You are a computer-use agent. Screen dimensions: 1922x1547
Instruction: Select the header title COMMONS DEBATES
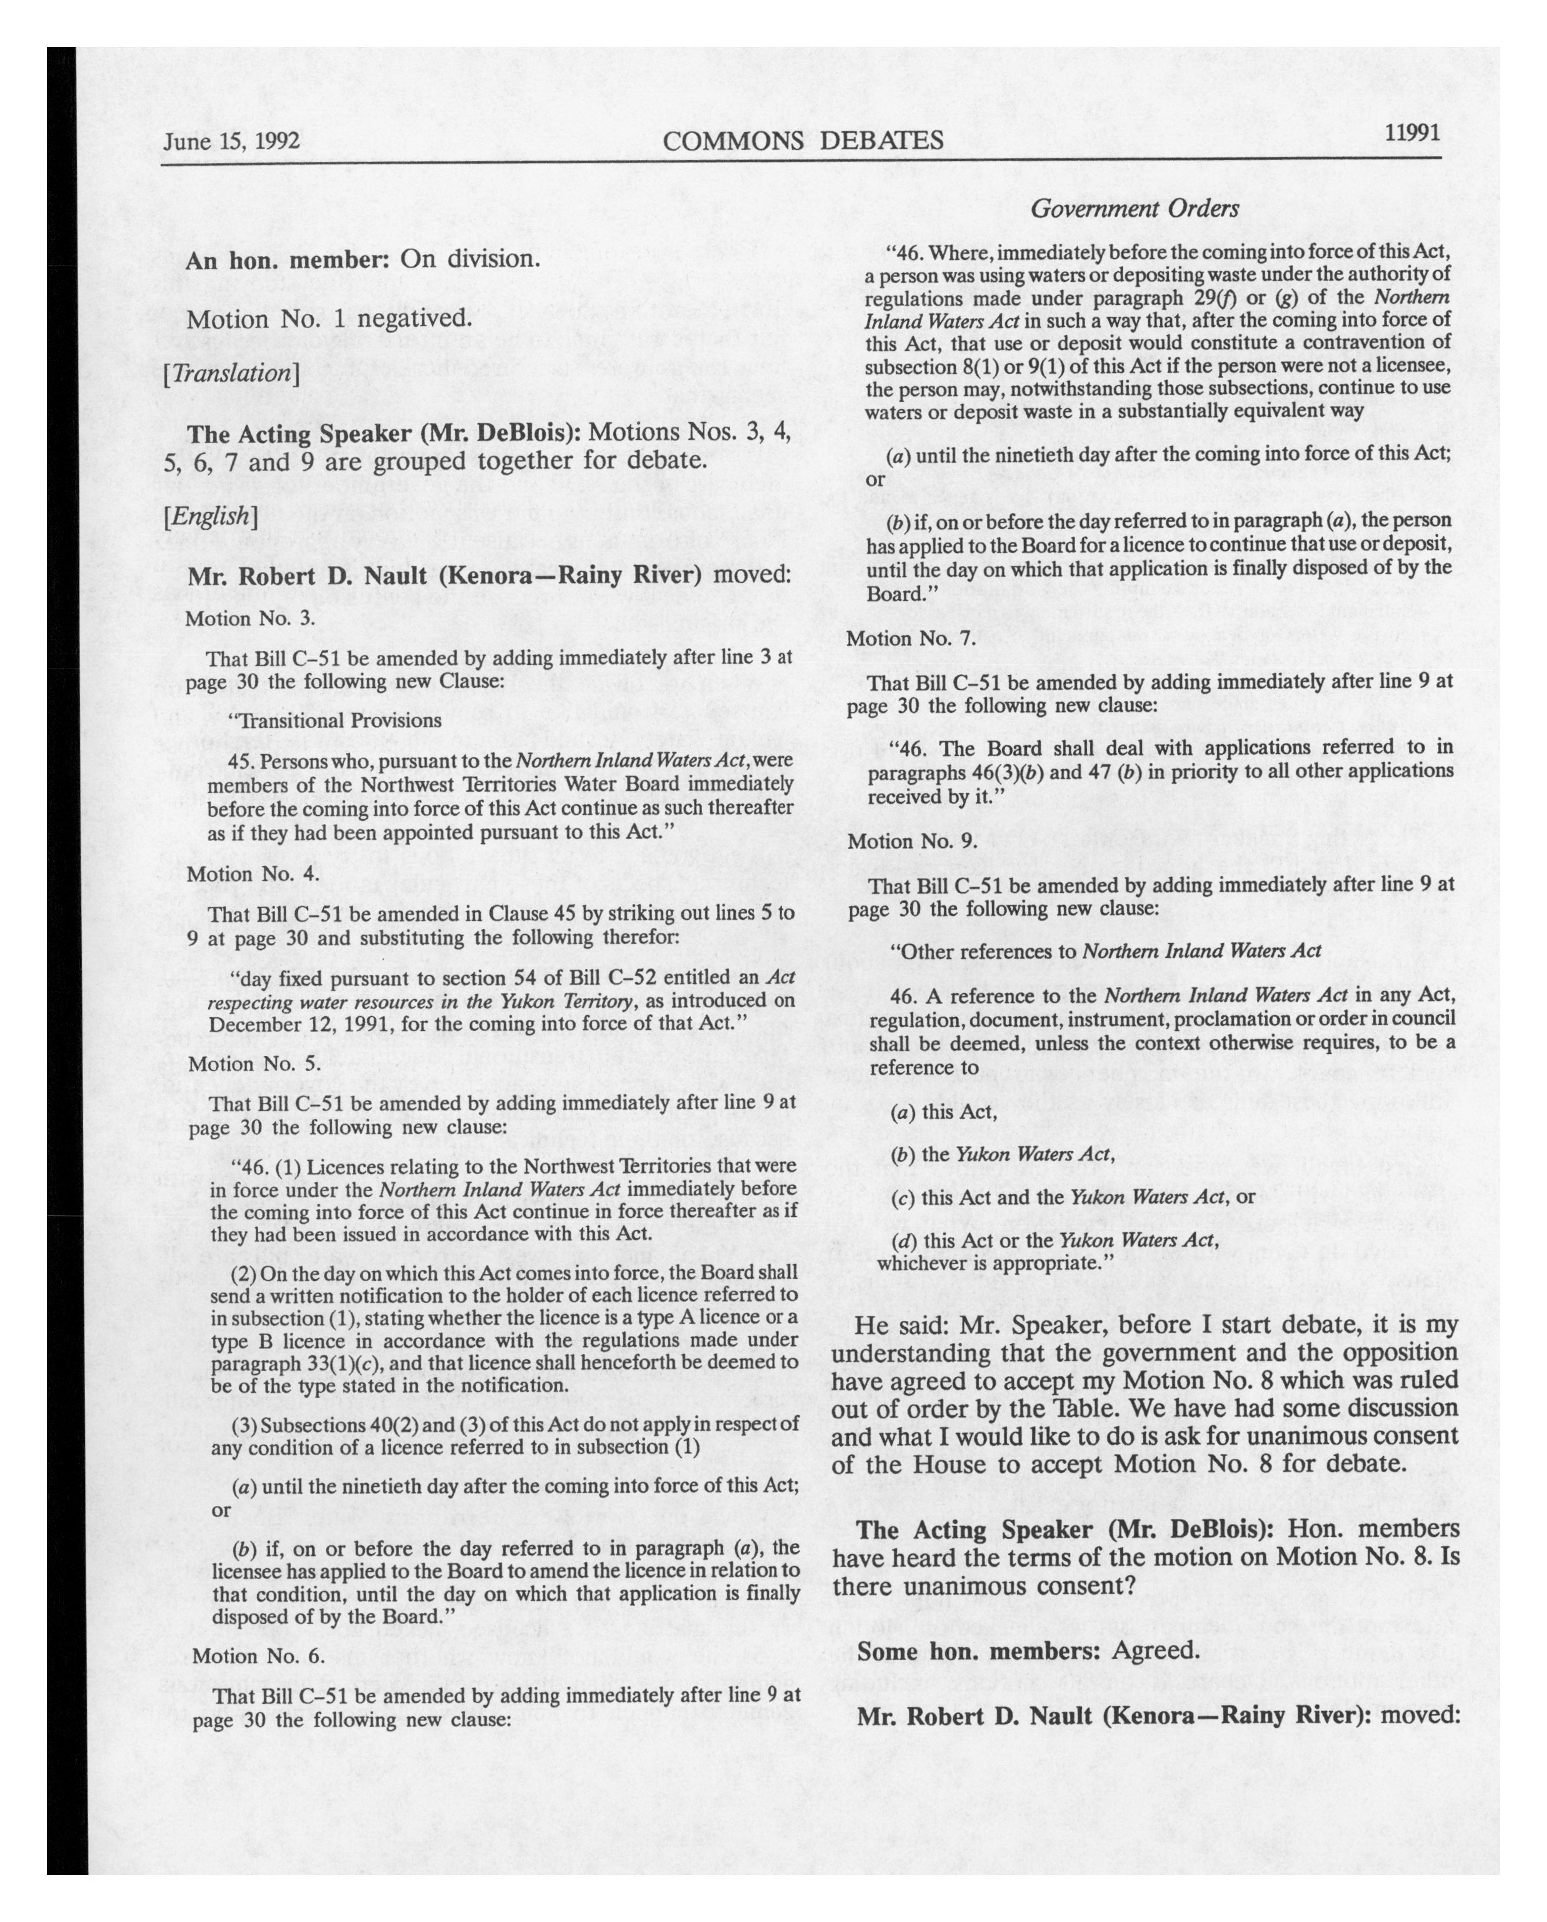[803, 141]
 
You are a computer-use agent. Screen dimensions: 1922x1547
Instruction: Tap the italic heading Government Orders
[1134, 209]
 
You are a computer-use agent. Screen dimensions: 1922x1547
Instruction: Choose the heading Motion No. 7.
[911, 639]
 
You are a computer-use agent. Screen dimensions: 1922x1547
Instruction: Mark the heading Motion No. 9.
[913, 840]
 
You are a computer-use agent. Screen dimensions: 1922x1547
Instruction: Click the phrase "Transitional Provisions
[334, 720]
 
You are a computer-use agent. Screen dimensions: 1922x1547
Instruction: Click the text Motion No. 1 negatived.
[329, 318]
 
